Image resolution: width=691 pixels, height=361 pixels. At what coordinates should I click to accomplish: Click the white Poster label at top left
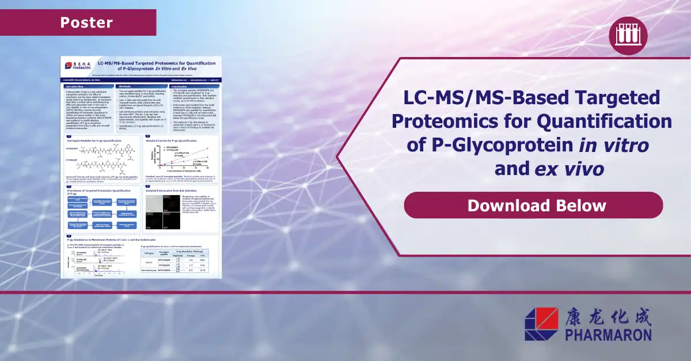86,23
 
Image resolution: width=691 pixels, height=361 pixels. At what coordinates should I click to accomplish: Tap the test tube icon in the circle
628,36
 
